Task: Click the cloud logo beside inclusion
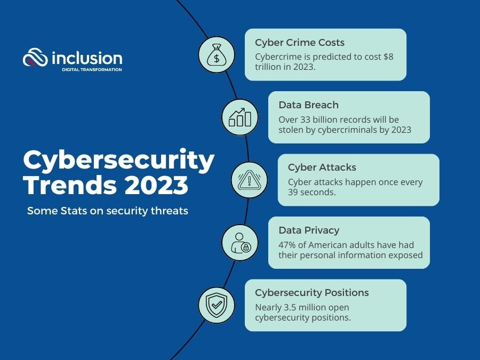pos(35,57)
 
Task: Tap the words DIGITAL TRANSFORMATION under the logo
pos(92,69)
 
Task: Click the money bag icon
pos(217,55)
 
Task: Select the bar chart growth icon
pos(240,117)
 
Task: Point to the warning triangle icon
pos(249,180)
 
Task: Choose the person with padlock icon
pos(241,243)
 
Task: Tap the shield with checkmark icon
pos(217,305)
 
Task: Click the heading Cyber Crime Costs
pos(300,43)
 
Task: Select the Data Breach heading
pos(309,105)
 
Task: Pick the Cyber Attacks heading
pos(322,167)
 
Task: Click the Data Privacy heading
pos(309,230)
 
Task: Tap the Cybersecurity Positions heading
pos(312,293)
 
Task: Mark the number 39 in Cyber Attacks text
pos(293,192)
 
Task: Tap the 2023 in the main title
pos(156,185)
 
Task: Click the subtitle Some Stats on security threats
pos(107,211)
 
